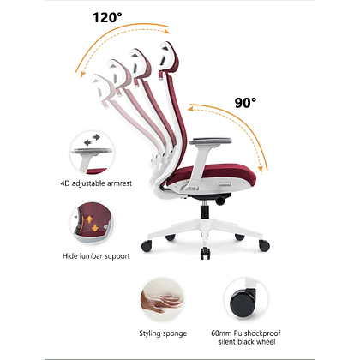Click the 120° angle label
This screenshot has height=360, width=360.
point(107,17)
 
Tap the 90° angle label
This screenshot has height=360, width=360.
point(245,103)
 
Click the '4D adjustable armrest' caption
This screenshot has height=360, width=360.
point(96,183)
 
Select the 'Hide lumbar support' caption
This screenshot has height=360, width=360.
point(96,256)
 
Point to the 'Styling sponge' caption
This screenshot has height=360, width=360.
point(163,333)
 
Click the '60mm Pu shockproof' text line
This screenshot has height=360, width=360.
point(246,333)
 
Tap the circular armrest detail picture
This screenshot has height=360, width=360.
point(92,153)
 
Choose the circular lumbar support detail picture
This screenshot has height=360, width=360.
point(92,222)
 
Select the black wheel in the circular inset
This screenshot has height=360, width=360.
point(243,301)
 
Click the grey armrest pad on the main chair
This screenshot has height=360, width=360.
point(211,141)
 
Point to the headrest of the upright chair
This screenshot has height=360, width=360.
point(169,59)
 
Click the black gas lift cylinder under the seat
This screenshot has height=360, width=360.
point(205,211)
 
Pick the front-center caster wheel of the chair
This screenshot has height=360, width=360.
point(205,253)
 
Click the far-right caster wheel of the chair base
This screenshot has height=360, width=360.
point(264,245)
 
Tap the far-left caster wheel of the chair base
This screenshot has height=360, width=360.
point(147,246)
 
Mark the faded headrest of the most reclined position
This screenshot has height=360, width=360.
point(101,89)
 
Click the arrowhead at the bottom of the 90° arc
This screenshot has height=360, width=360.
point(261,169)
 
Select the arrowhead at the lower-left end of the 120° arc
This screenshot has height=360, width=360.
point(82,74)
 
